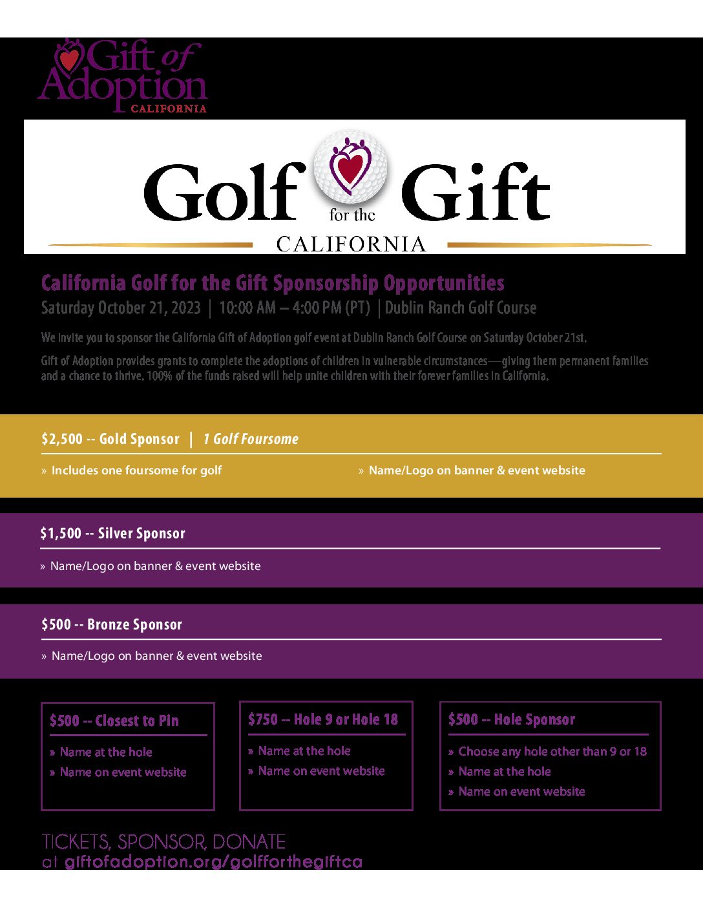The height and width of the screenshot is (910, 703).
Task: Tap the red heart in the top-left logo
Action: coord(69,60)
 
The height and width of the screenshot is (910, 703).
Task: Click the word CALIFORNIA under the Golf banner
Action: coord(351,244)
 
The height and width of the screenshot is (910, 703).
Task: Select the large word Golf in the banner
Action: coord(224,192)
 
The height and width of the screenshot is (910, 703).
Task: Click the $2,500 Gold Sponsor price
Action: coord(62,439)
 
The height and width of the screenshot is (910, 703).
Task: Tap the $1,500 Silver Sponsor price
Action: coord(61,534)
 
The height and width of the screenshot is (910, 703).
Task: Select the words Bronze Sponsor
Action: coord(134,625)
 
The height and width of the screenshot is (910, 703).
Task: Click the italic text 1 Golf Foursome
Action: coord(251,439)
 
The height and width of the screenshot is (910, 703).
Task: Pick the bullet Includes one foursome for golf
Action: coord(136,471)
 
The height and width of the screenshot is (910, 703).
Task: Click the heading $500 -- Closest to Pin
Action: coord(114,721)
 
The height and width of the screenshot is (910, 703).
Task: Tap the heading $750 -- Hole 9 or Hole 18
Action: coord(323,720)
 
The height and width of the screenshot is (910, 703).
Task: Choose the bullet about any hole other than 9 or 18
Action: coord(552,752)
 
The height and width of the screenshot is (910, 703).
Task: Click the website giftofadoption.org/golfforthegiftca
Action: coord(213,862)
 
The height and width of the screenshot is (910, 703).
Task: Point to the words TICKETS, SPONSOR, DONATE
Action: coord(163,841)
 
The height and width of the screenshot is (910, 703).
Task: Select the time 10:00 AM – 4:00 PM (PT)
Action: coord(295,308)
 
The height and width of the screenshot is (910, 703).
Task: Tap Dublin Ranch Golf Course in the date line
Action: coord(461,308)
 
